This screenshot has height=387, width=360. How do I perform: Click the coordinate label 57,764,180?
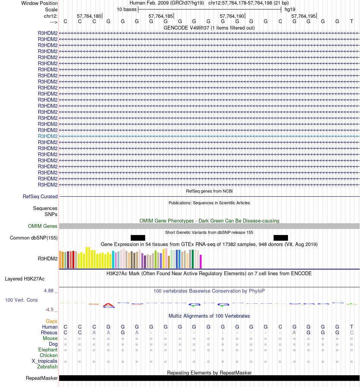click(x=89, y=16)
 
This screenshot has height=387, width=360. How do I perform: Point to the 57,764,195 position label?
click(x=303, y=16)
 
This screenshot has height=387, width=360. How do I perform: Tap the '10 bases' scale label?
click(x=127, y=9)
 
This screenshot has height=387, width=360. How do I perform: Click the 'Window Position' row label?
click(x=39, y=3)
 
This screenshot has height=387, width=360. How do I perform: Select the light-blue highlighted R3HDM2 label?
click(x=48, y=136)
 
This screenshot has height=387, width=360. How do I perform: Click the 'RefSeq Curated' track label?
click(x=40, y=197)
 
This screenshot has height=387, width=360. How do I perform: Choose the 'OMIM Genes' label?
click(x=43, y=226)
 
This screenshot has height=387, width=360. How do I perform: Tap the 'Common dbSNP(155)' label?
click(x=34, y=238)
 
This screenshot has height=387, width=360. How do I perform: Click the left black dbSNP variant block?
click(x=138, y=238)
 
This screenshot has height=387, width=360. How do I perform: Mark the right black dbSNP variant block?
click(x=281, y=238)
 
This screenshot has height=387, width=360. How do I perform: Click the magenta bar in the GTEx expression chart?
click(x=201, y=262)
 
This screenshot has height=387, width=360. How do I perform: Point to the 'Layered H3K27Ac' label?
click(x=25, y=279)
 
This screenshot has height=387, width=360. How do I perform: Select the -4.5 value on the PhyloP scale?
click(x=50, y=309)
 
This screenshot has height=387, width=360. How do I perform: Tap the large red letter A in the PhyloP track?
click(x=109, y=305)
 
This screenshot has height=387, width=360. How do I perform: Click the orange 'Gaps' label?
click(x=52, y=321)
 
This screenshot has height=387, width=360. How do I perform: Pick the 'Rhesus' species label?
click(x=49, y=332)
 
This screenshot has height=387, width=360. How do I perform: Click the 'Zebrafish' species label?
click(x=47, y=367)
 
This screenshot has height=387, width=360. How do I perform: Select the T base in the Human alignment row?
click(x=352, y=327)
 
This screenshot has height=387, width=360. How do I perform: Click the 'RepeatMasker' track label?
click(x=42, y=378)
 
